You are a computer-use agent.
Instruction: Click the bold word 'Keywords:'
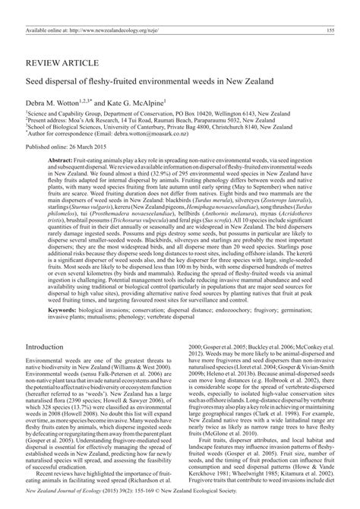click(x=65, y=331)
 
